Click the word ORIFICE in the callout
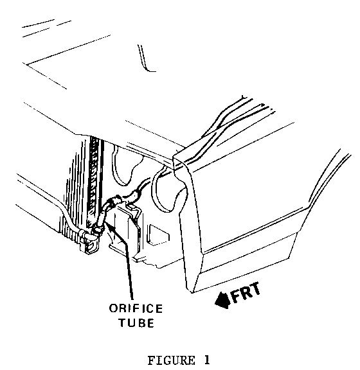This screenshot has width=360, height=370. click(136, 308)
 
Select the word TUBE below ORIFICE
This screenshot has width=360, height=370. click(136, 323)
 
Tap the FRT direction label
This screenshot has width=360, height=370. click(246, 293)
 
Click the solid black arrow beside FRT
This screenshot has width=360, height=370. click(222, 301)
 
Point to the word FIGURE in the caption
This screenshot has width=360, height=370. click(172, 360)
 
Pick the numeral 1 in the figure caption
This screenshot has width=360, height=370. click(207, 360)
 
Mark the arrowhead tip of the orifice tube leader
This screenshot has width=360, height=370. click(105, 222)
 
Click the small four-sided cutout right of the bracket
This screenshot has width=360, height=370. click(157, 234)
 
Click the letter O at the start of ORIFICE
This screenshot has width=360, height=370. click(113, 308)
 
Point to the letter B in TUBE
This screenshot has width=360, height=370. click(142, 323)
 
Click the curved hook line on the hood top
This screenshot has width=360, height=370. click(145, 59)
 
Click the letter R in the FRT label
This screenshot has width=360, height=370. click(246, 293)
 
